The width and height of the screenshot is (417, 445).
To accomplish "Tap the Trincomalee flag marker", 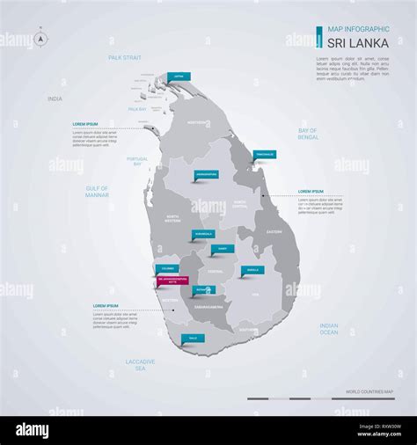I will click(264, 155).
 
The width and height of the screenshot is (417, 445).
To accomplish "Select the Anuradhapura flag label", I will click(206, 174).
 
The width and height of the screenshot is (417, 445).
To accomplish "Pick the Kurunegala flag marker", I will click(202, 235).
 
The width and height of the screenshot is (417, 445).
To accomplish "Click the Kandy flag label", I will click(223, 250).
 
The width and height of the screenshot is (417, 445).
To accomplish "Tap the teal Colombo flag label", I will click(167, 268).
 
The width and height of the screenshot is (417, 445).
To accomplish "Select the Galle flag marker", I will click(193, 338).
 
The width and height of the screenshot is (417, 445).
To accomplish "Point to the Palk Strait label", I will click(124, 57).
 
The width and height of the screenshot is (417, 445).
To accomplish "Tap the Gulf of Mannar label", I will click(97, 191).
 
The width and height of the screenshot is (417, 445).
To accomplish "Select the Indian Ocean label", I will click(329, 328).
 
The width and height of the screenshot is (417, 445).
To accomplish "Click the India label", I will click(55, 99).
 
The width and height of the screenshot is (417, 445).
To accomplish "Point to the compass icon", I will click(40, 39).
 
